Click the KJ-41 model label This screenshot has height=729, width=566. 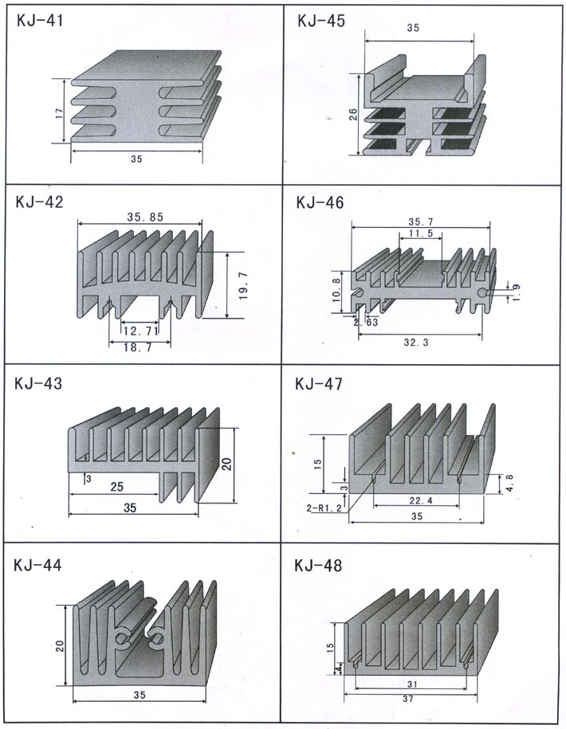pyautogui.click(x=41, y=22)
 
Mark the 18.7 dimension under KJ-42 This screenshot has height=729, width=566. pyautogui.click(x=136, y=347)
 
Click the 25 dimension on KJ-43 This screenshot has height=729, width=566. pyautogui.click(x=116, y=485)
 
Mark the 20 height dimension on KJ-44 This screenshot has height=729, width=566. pyautogui.click(x=60, y=644)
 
